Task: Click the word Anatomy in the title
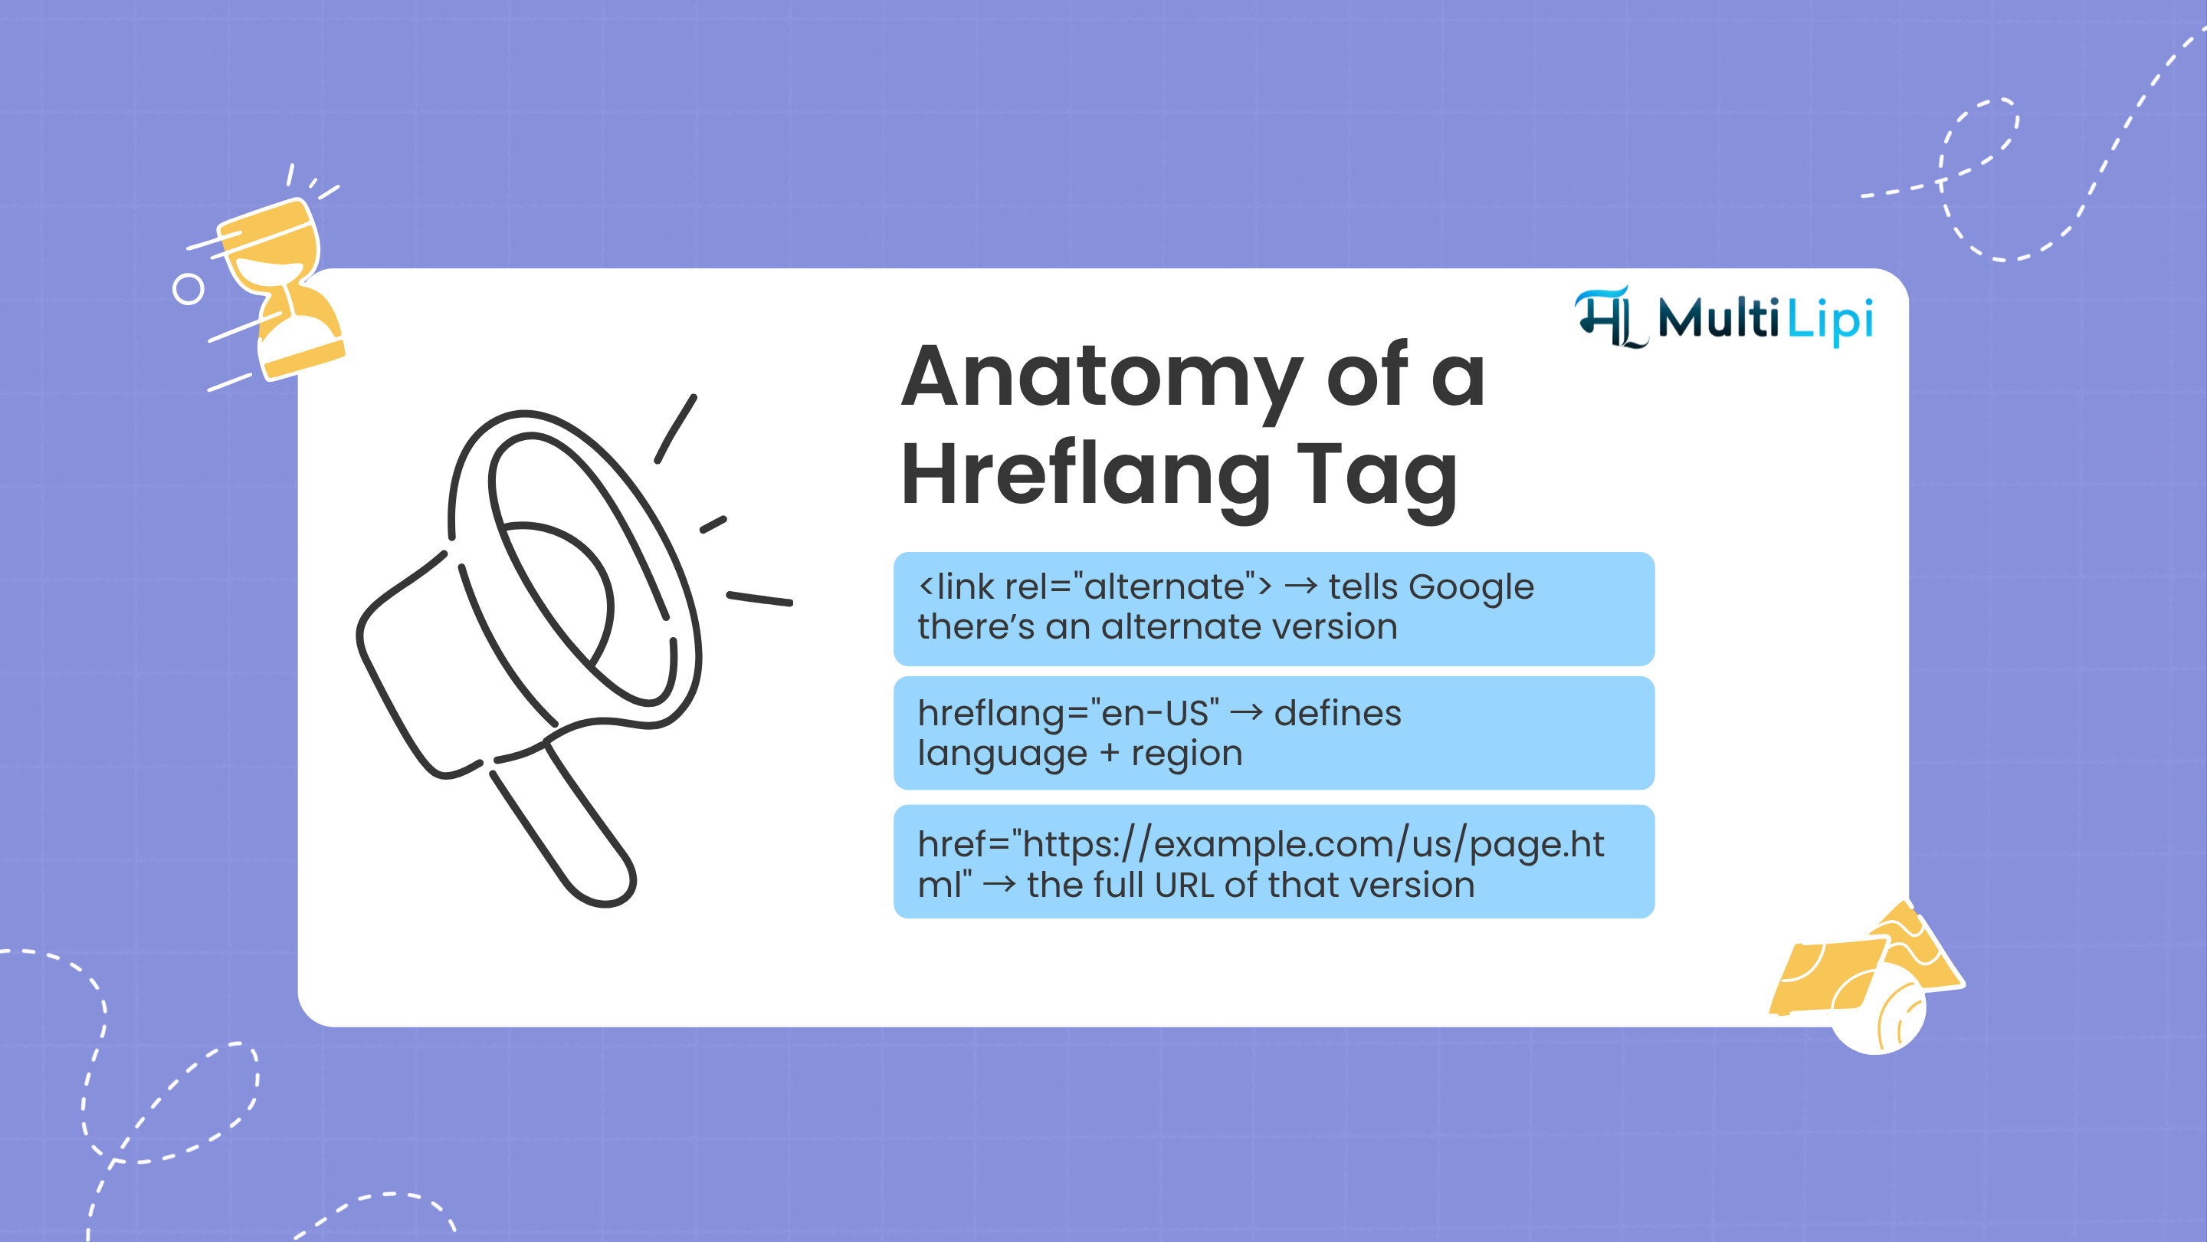coord(1101,377)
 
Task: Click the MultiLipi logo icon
coord(1609,318)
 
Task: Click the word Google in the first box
coord(1471,587)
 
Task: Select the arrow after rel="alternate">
coord(1300,586)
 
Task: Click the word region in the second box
coord(1186,754)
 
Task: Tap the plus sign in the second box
coord(1109,754)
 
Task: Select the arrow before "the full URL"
coord(999,885)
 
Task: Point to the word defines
coord(1336,713)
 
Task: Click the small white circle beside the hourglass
coord(189,290)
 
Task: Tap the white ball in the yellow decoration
coord(1876,1016)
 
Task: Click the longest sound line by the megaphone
coord(759,598)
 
